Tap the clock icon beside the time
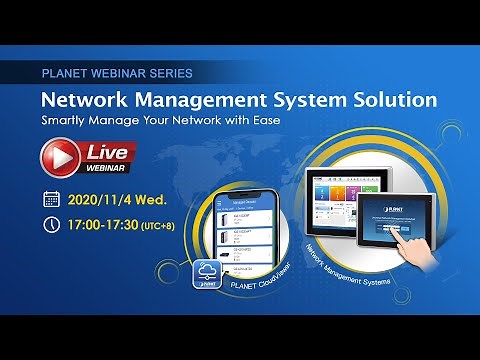click(x=52, y=224)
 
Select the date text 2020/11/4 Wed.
click(x=118, y=198)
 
